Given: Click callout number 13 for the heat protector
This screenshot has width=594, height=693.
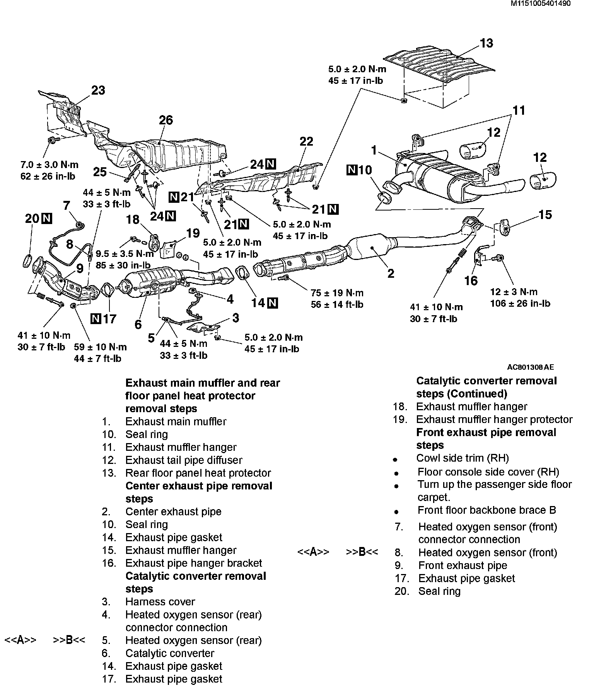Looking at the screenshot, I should click(486, 43).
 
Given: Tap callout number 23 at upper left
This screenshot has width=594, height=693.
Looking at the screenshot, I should click(98, 90).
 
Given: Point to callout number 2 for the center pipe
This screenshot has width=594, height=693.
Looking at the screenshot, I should click(391, 273).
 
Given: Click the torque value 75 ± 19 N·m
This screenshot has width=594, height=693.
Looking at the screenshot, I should click(337, 293).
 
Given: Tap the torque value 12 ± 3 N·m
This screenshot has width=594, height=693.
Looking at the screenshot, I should click(514, 292).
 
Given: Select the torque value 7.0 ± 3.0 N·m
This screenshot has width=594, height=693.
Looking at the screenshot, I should click(49, 165).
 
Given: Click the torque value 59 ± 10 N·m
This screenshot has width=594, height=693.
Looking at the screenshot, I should click(100, 347).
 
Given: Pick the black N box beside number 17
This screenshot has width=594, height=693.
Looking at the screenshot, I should click(96, 319).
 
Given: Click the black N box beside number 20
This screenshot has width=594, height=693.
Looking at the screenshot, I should click(47, 219).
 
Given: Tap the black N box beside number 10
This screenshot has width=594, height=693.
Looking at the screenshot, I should click(352, 170).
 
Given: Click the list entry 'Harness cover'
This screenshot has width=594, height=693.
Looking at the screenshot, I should click(160, 601).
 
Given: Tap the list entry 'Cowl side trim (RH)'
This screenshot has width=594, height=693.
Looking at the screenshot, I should click(463, 458).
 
